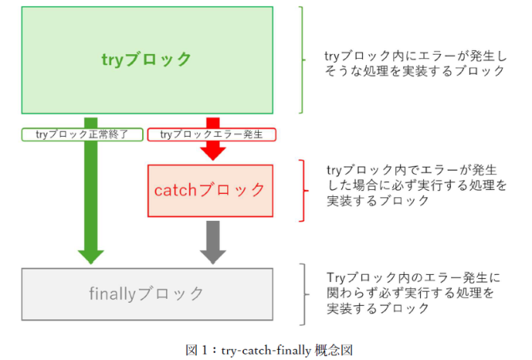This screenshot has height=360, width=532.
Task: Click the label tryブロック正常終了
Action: point(82,134)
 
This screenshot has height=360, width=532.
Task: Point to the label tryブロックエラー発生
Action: point(212,134)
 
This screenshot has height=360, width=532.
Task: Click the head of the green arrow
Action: point(91,255)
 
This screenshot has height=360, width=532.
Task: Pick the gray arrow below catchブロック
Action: point(212,243)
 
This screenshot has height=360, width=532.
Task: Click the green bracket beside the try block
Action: point(303,60)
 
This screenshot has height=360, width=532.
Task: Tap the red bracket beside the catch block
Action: point(303,190)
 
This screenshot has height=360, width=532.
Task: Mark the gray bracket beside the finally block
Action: point(303,294)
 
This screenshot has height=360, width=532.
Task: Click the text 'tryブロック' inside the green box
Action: point(147,60)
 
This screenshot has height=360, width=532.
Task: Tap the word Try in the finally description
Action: point(335,277)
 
